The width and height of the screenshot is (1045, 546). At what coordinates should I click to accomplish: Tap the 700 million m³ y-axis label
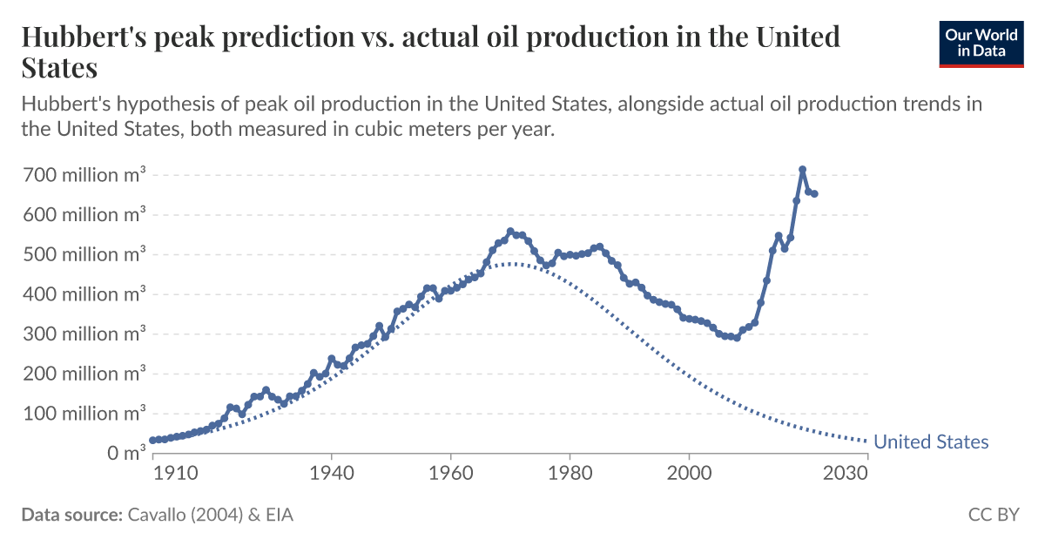(83, 174)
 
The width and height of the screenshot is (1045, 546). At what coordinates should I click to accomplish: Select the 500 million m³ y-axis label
(83, 254)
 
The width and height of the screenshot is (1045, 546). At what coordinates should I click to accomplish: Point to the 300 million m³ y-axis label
(83, 334)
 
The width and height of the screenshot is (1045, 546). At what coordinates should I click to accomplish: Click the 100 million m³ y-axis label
(83, 413)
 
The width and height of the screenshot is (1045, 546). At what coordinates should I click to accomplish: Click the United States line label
(931, 442)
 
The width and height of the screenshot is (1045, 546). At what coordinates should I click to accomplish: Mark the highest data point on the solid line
(802, 170)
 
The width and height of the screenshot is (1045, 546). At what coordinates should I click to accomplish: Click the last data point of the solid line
(814, 193)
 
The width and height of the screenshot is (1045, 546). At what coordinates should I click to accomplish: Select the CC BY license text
(993, 515)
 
